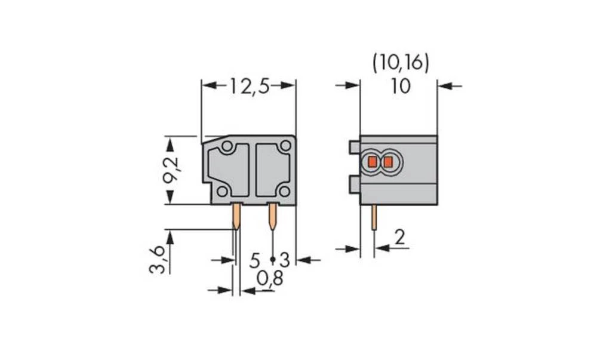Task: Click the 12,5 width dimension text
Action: click(x=249, y=87)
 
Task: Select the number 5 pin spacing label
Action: click(x=255, y=260)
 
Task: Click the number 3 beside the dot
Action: click(x=285, y=260)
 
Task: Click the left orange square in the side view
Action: click(x=373, y=161)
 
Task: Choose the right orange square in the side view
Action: click(x=388, y=161)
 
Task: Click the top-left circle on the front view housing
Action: click(x=227, y=147)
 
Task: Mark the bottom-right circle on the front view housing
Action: click(x=285, y=191)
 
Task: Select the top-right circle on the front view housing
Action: click(x=286, y=146)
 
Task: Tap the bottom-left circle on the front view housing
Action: click(x=222, y=191)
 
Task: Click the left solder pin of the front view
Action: click(x=236, y=217)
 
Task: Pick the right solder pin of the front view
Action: click(x=273, y=217)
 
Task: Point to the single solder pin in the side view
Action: click(x=374, y=218)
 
